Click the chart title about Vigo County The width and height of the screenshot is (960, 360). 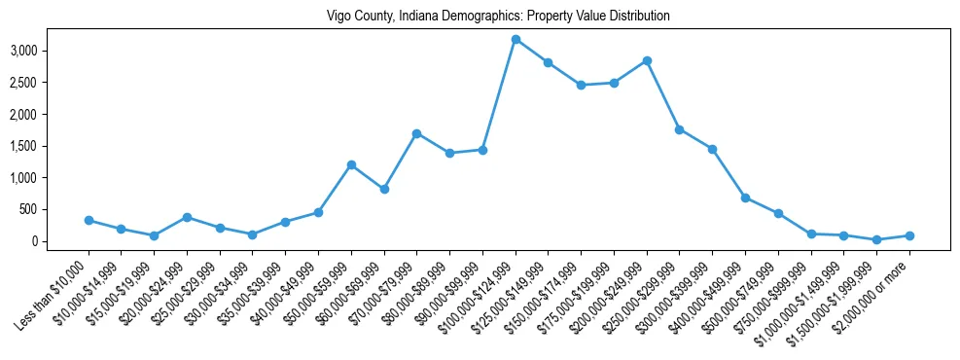(480, 17)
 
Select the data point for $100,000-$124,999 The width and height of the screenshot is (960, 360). (516, 39)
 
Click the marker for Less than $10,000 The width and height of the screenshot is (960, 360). (89, 220)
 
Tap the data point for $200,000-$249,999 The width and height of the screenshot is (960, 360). (647, 60)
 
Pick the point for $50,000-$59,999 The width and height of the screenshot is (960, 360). (351, 164)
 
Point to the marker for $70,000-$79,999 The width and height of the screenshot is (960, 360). (416, 133)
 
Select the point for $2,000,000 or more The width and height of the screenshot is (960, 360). (909, 235)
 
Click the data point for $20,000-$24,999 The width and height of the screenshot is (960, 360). (187, 217)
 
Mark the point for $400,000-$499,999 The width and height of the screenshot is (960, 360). (745, 198)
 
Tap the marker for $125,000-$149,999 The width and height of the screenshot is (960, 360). (549, 62)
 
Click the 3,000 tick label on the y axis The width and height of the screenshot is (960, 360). (51, 51)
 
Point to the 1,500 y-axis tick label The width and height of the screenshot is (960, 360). (51, 146)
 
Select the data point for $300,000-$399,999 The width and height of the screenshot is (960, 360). (712, 149)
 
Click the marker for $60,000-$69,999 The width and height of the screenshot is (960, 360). (384, 189)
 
